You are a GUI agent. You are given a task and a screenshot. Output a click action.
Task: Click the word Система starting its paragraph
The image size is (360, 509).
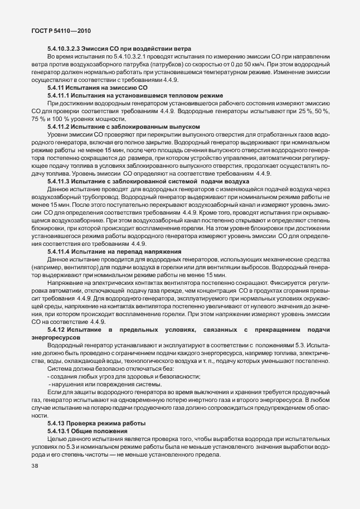tap(60, 369)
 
